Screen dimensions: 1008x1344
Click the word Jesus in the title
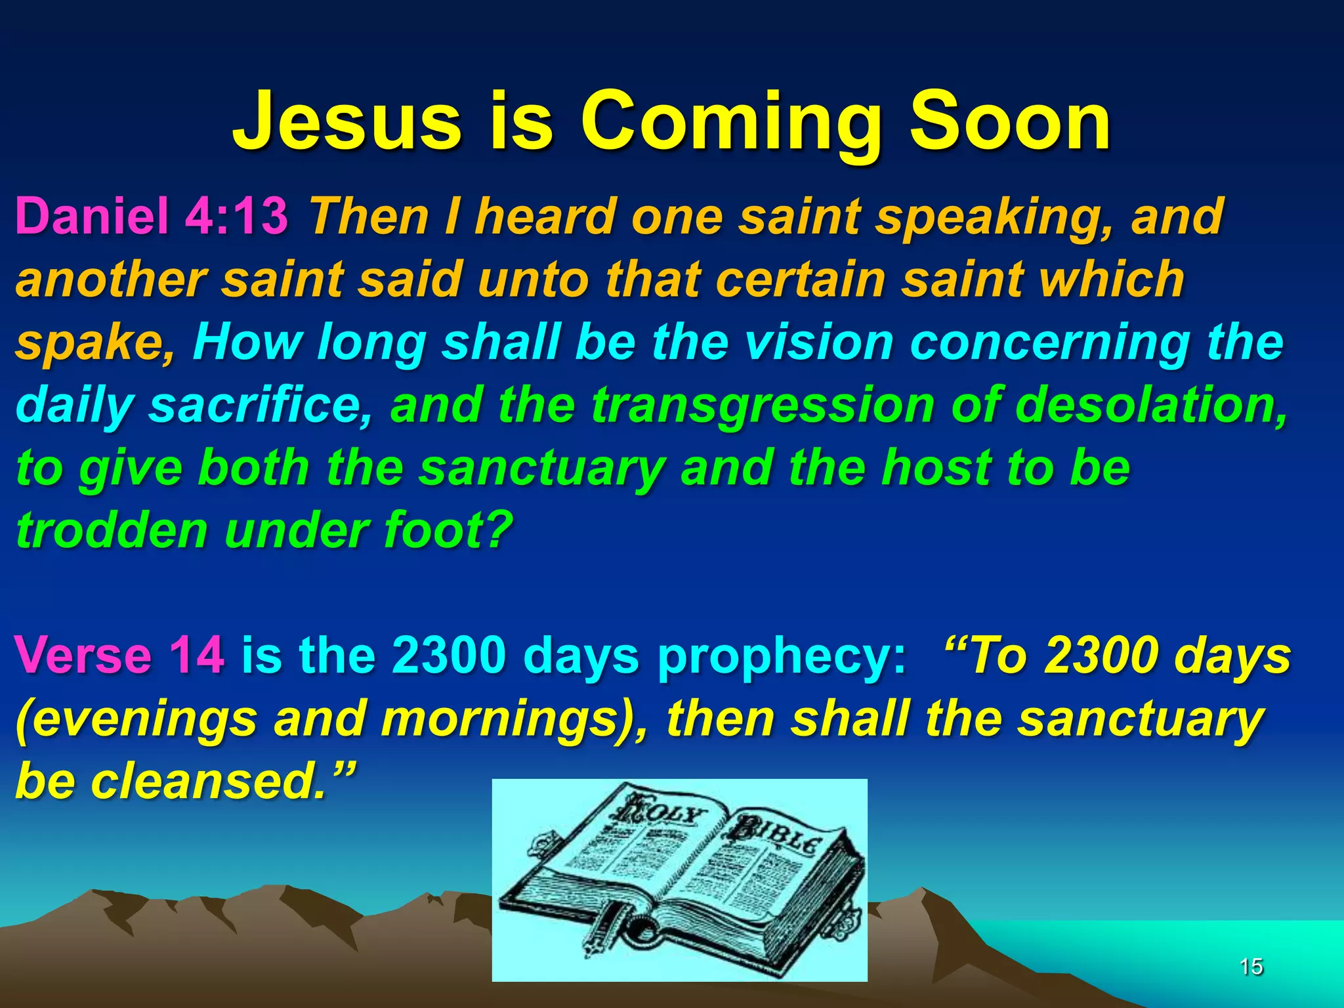[x=347, y=122]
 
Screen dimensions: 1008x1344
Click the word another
[x=109, y=278]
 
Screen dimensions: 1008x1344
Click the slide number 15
[x=1251, y=966]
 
